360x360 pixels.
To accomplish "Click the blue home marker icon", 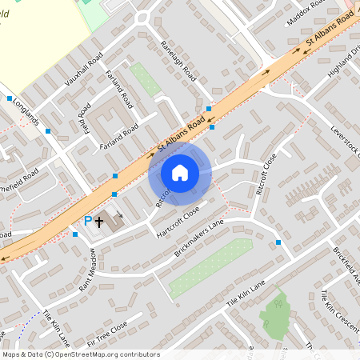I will pyautogui.click(x=180, y=173).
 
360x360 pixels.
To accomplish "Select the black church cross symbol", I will pyautogui.click(x=100, y=220).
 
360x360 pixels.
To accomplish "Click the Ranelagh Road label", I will pyautogui.click(x=178, y=62).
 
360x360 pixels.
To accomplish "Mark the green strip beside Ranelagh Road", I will pyautogui.click(x=146, y=79).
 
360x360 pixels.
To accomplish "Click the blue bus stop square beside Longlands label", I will pyautogui.click(x=10, y=98).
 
